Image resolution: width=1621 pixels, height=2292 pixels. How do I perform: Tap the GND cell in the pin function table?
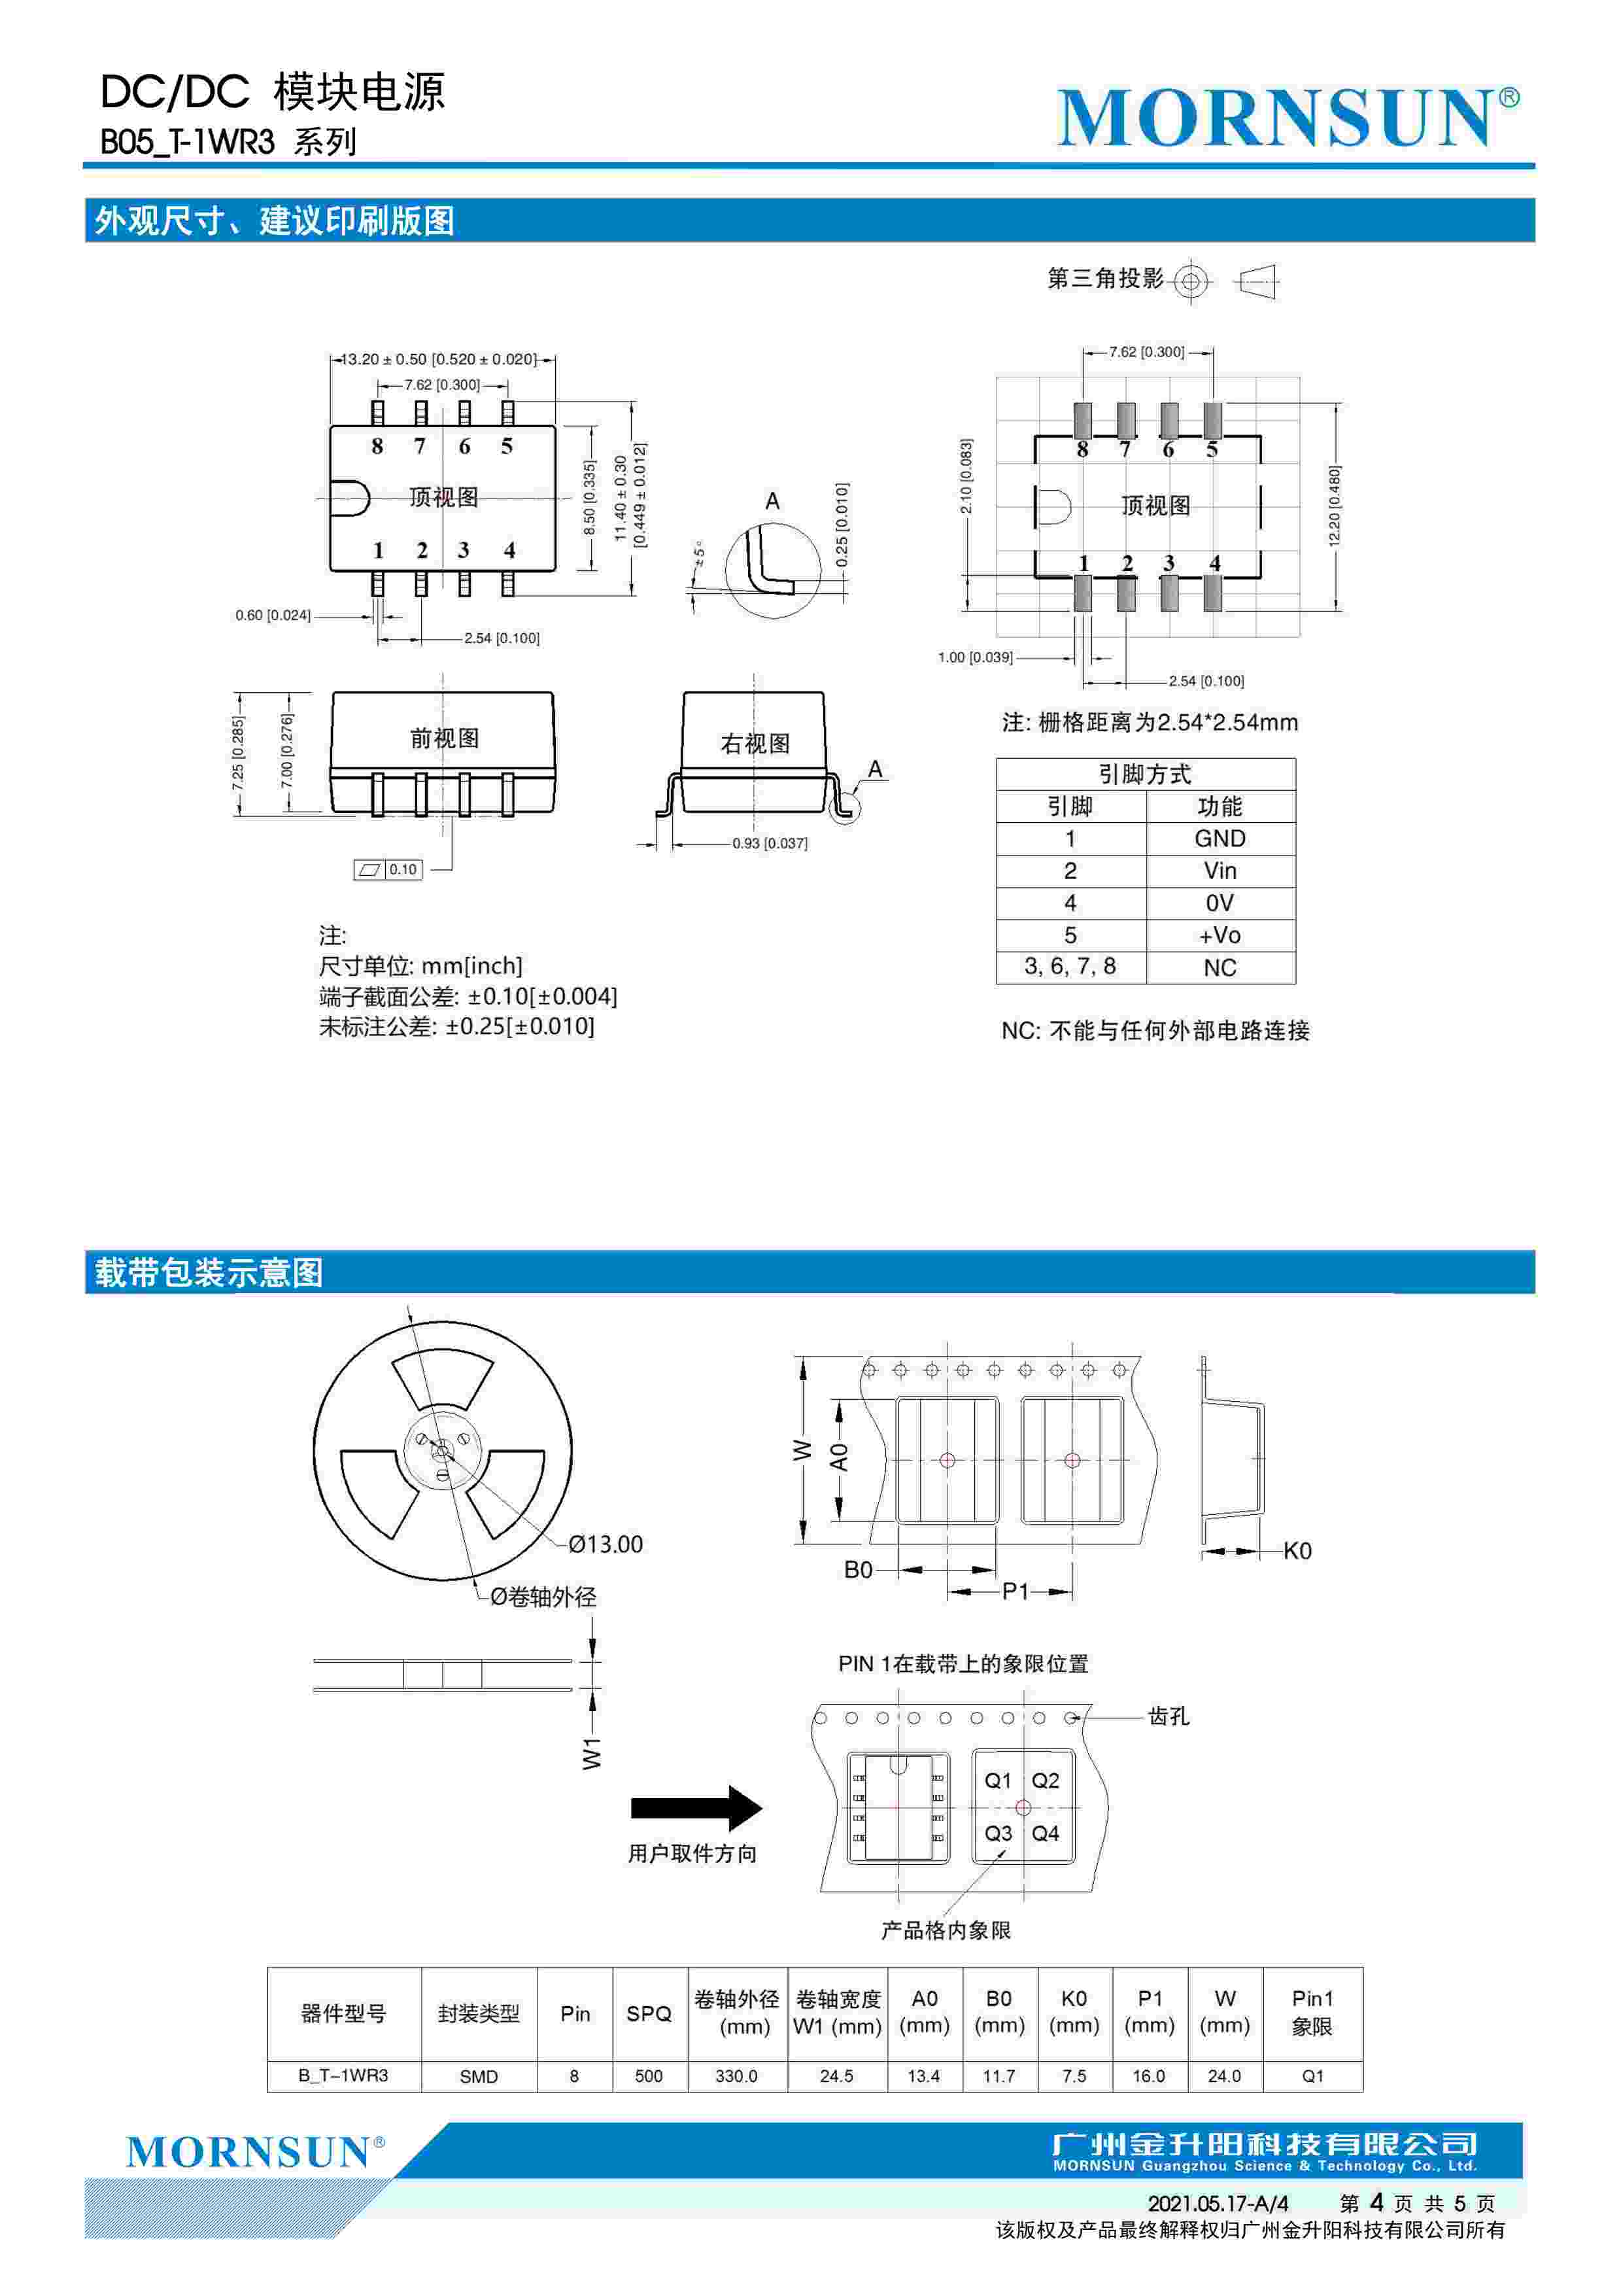tap(1220, 839)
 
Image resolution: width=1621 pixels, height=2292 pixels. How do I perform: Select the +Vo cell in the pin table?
tap(1220, 935)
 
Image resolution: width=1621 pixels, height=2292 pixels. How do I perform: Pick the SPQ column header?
tap(649, 2013)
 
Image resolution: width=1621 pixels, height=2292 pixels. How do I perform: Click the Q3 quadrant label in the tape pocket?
tap(997, 1834)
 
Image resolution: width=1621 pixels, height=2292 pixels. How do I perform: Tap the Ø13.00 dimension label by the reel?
tap(606, 1544)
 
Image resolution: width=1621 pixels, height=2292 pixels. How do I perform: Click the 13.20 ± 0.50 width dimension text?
tap(439, 359)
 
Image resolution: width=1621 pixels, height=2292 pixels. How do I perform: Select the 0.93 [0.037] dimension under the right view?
tap(770, 844)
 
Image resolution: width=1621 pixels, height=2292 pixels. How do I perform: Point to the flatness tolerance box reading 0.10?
tap(389, 869)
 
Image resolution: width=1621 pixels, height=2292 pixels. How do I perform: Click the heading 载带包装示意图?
tap(210, 1273)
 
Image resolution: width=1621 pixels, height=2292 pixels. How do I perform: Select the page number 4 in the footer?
tap(1376, 2202)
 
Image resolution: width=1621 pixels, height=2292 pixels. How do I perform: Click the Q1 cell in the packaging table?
tap(1312, 2076)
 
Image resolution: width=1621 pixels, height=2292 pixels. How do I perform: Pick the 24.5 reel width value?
tap(836, 2076)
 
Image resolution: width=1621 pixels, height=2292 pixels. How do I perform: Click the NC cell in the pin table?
tap(1220, 967)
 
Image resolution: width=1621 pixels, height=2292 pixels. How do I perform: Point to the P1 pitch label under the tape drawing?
tap(1015, 1591)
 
